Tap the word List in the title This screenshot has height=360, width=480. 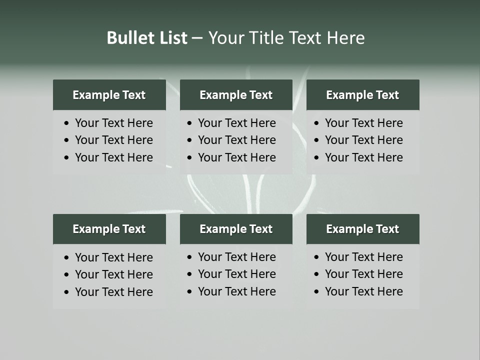click(x=171, y=38)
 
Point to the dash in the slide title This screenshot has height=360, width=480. click(x=197, y=38)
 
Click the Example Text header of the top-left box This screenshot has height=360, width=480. click(x=109, y=95)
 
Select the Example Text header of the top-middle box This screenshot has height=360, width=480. click(x=236, y=95)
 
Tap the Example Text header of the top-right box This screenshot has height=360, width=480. click(x=362, y=95)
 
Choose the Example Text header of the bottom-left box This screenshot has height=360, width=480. click(x=109, y=229)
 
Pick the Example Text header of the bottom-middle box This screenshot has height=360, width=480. click(x=236, y=229)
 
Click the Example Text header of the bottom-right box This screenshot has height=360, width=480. click(x=362, y=229)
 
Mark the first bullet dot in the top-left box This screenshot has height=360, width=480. click(x=67, y=123)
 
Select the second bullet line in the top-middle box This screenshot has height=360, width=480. click(x=236, y=140)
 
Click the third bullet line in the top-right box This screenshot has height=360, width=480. click(x=363, y=157)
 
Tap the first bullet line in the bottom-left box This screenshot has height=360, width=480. click(x=113, y=257)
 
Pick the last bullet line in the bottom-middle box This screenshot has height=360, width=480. click(x=236, y=291)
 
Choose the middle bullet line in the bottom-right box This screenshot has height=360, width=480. click(x=363, y=274)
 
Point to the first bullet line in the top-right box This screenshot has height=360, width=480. click(x=363, y=123)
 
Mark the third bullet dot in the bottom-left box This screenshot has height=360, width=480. click(x=67, y=292)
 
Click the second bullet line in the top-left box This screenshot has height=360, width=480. click(x=113, y=140)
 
